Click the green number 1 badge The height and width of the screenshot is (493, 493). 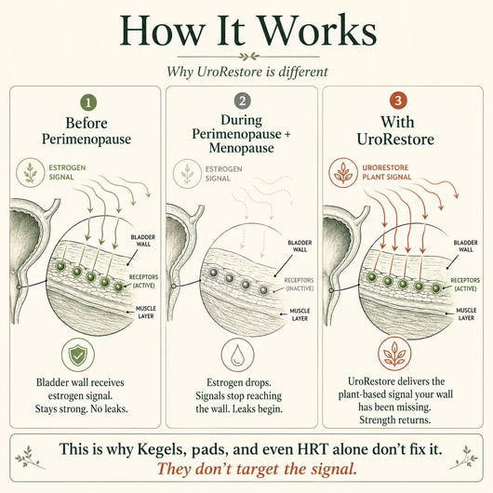coord(88,102)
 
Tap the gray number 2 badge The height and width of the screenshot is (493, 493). coord(243,101)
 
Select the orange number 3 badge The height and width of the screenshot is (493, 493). coord(398,100)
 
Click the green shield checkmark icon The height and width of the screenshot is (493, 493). coord(78,355)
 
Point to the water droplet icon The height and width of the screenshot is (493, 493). coord(237,354)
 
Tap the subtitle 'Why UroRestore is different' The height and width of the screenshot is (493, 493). coord(247,72)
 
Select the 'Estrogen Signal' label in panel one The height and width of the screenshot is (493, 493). coord(67,172)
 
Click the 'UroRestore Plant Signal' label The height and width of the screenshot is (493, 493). coord(387,172)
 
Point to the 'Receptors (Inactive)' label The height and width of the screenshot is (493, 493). coord(299,285)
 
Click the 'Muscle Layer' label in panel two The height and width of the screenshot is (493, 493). coord(300,314)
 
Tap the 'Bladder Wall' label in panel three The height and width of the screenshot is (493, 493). coord(466,246)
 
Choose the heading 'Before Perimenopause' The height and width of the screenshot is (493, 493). coord(87,131)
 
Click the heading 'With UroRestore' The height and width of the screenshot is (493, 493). coord(395,131)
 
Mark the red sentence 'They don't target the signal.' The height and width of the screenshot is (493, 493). coord(257,469)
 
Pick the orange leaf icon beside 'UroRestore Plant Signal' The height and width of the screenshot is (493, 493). coord(343,173)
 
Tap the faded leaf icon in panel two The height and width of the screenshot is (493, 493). coord(187,174)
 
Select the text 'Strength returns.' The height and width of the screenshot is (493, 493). coord(395,420)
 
